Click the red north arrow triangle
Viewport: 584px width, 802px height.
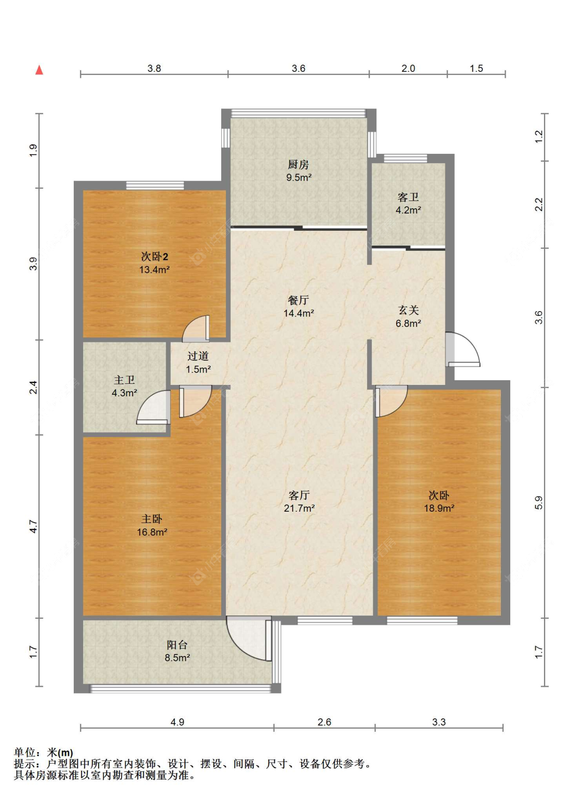[39, 70]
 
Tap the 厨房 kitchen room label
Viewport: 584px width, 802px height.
[298, 164]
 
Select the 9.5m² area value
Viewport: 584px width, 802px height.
[299, 177]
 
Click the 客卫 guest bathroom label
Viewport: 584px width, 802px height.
[408, 197]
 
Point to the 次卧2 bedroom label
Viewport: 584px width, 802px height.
[155, 257]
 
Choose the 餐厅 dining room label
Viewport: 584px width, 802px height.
[298, 300]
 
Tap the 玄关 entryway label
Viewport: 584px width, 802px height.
[409, 310]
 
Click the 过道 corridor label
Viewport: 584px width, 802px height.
[198, 356]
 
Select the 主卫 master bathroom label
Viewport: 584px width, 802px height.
[124, 380]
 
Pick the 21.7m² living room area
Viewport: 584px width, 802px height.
[299, 508]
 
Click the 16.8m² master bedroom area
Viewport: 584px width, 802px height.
[152, 532]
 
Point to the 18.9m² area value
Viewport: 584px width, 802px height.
[439, 508]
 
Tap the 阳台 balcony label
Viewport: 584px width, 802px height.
[177, 645]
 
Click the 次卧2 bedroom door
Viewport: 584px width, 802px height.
[195, 328]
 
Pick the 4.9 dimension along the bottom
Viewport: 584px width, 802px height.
[177, 722]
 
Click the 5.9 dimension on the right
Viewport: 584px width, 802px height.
[538, 503]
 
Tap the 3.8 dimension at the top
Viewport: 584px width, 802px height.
[154, 68]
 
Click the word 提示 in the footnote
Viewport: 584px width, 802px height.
[24, 764]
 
